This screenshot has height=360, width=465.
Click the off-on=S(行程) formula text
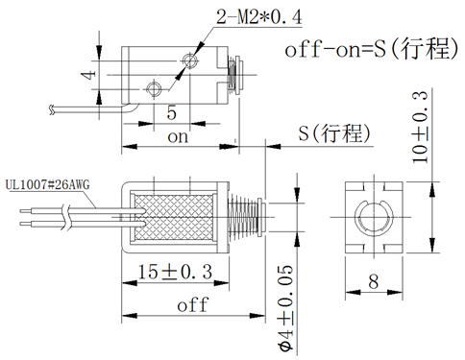(370, 51)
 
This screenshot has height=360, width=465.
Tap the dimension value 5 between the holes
(171, 112)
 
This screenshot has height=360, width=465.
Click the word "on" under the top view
(178, 137)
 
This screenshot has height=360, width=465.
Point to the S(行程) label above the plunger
(333, 132)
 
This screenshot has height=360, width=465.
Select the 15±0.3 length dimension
(174, 272)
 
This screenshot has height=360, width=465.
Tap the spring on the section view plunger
(247, 219)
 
